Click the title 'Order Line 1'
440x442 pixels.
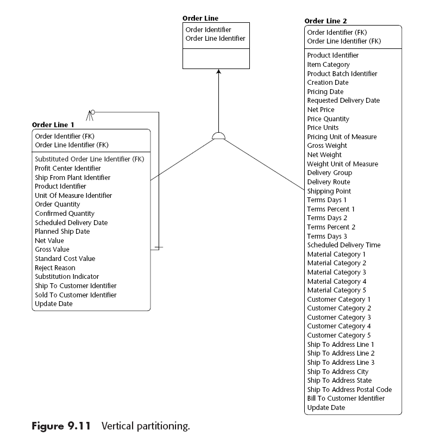[x=53, y=124]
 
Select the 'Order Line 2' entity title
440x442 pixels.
[x=325, y=21]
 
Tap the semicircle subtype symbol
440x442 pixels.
[x=218, y=136]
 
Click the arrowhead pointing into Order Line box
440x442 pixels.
[x=218, y=72]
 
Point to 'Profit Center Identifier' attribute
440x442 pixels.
[x=68, y=169]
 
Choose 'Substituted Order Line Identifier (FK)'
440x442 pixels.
[x=89, y=159]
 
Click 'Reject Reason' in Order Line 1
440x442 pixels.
[x=55, y=267]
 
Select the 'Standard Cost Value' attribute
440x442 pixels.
[x=65, y=259]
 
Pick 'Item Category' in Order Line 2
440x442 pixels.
[x=329, y=65]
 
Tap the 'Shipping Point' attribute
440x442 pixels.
[x=329, y=191]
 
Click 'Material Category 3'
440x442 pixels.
[x=337, y=272]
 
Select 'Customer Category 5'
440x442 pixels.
[x=339, y=335]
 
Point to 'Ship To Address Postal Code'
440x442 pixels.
[x=349, y=389]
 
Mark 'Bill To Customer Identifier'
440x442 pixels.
[x=346, y=399]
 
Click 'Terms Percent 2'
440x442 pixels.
[x=331, y=227]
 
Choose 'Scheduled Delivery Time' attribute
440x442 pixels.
[x=344, y=245]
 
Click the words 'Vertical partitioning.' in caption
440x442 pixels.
[x=146, y=426]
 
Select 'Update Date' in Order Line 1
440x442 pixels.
[x=54, y=304]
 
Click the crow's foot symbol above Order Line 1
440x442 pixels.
[x=90, y=114]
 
